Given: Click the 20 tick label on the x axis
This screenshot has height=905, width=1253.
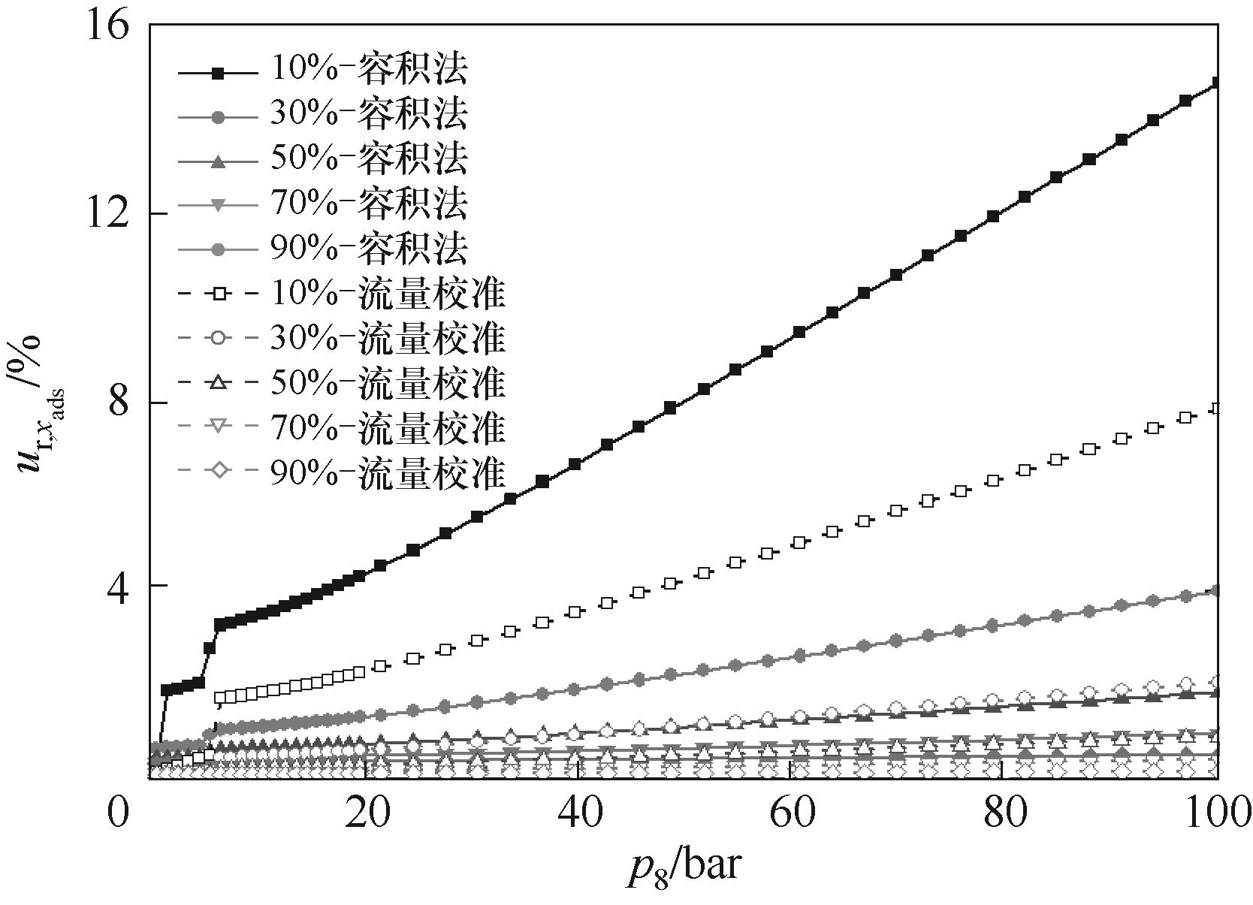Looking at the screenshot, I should [x=365, y=813].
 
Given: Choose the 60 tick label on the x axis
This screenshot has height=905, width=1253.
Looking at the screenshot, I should [x=790, y=813].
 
